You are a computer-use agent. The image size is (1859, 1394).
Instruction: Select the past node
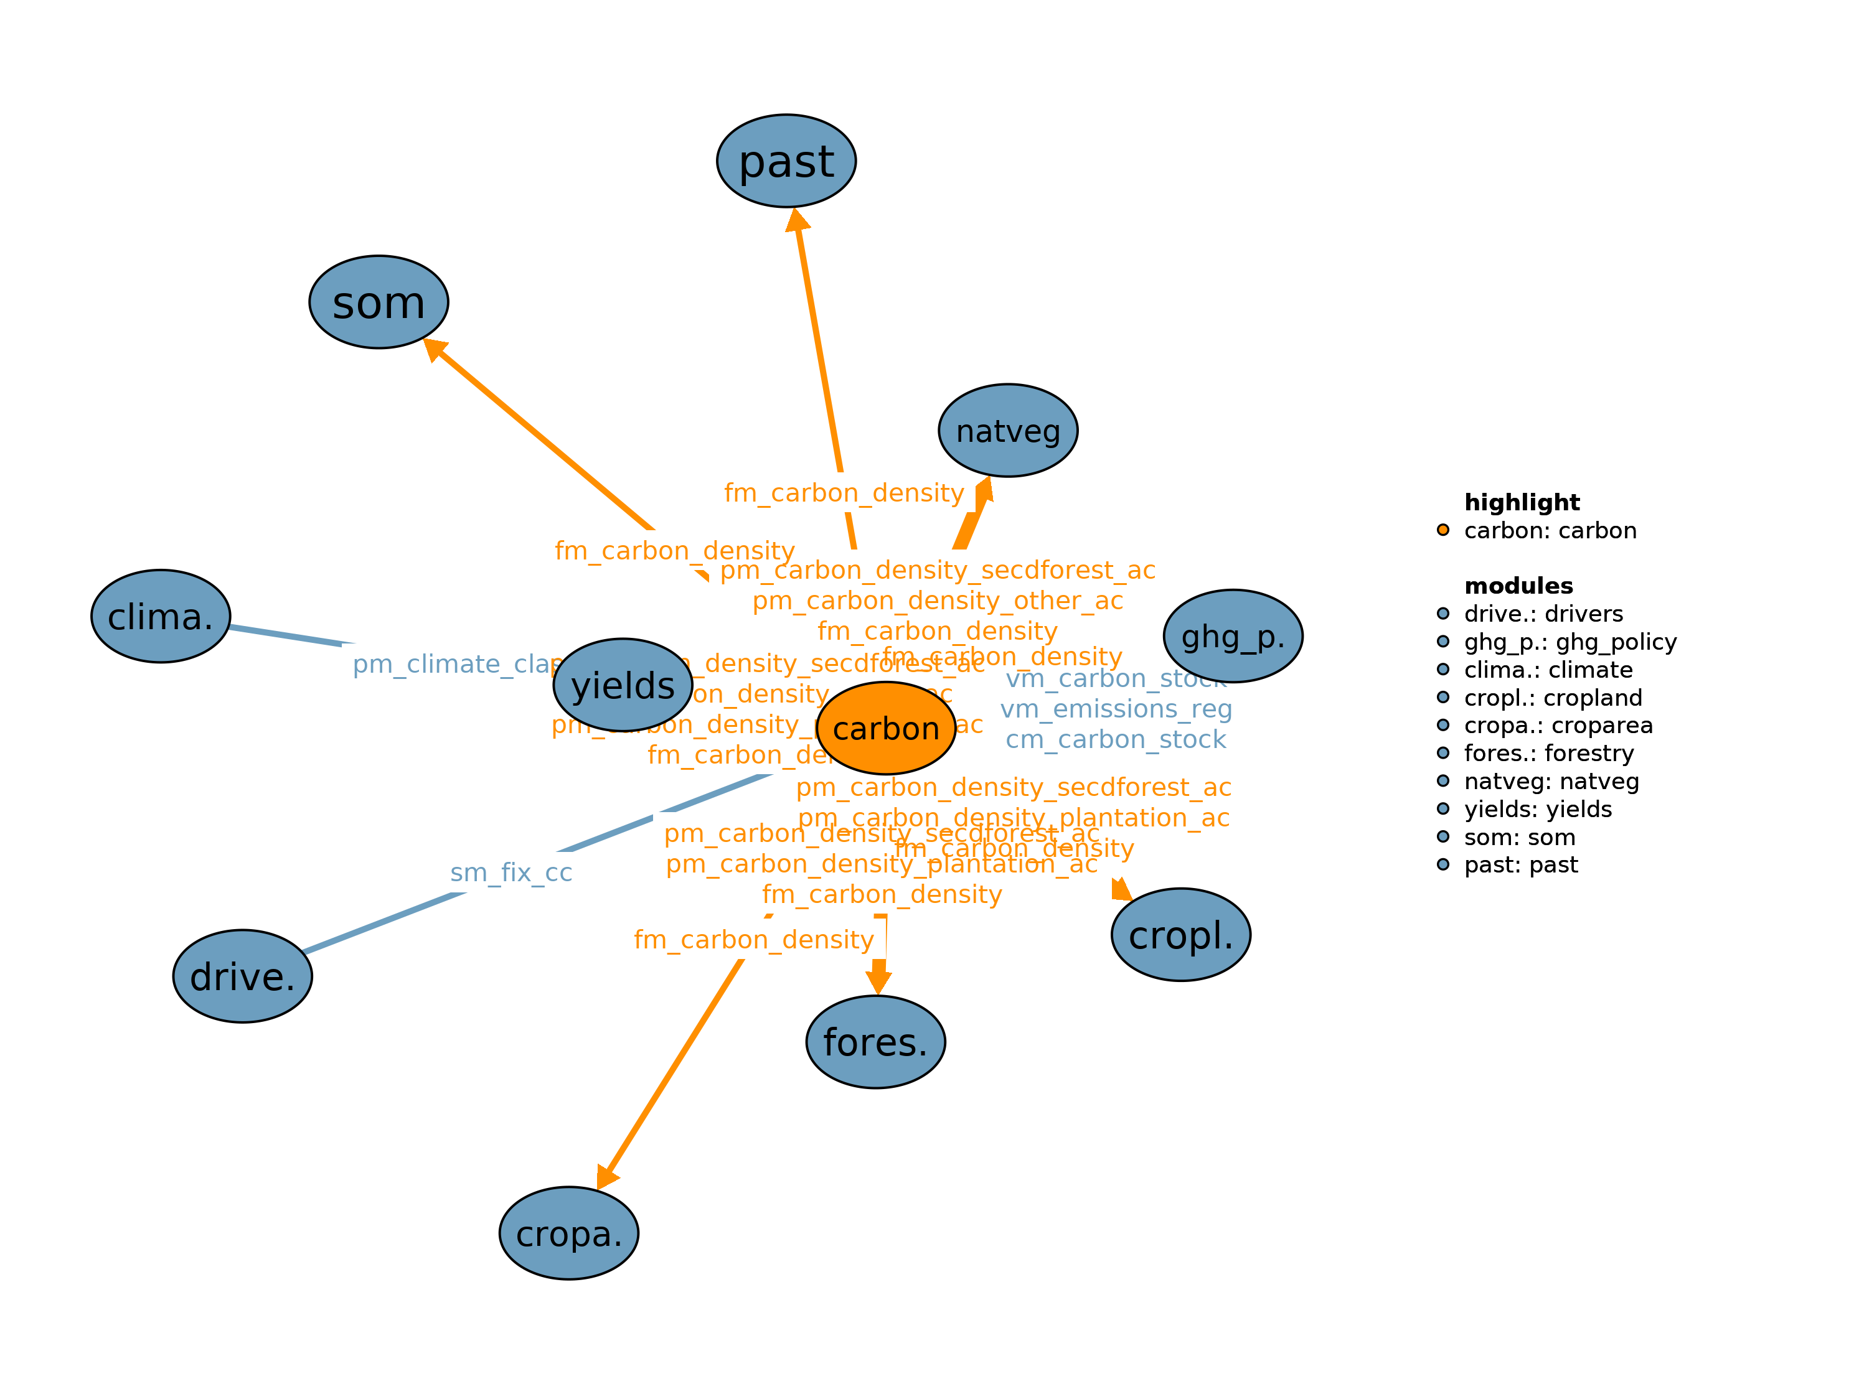[786, 161]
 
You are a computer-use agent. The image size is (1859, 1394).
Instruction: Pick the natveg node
[1008, 430]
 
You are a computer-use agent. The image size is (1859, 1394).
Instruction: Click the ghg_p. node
[1232, 636]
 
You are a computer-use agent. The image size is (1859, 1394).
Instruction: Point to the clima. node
[161, 616]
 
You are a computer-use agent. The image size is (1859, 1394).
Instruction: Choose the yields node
[623, 685]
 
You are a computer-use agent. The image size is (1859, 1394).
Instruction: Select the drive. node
[242, 976]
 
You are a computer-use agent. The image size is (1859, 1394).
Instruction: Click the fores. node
[875, 1042]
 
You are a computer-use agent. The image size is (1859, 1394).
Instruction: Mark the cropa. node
[568, 1233]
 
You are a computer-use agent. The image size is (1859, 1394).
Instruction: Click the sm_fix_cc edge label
[511, 872]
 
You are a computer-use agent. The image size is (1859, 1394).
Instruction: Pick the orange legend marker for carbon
[1443, 530]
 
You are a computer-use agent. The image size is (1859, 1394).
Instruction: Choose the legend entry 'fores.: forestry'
[1548, 753]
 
